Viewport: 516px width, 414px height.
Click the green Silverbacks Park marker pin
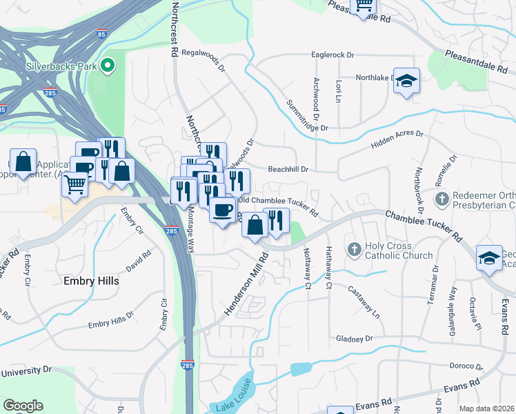(108, 66)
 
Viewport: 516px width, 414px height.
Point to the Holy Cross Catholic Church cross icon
(354, 248)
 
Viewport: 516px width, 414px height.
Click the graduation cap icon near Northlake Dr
(406, 81)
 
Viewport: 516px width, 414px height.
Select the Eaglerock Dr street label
(333, 54)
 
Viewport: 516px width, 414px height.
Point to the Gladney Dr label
(354, 339)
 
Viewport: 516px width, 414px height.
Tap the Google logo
(23, 406)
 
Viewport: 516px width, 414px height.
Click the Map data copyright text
(486, 408)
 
